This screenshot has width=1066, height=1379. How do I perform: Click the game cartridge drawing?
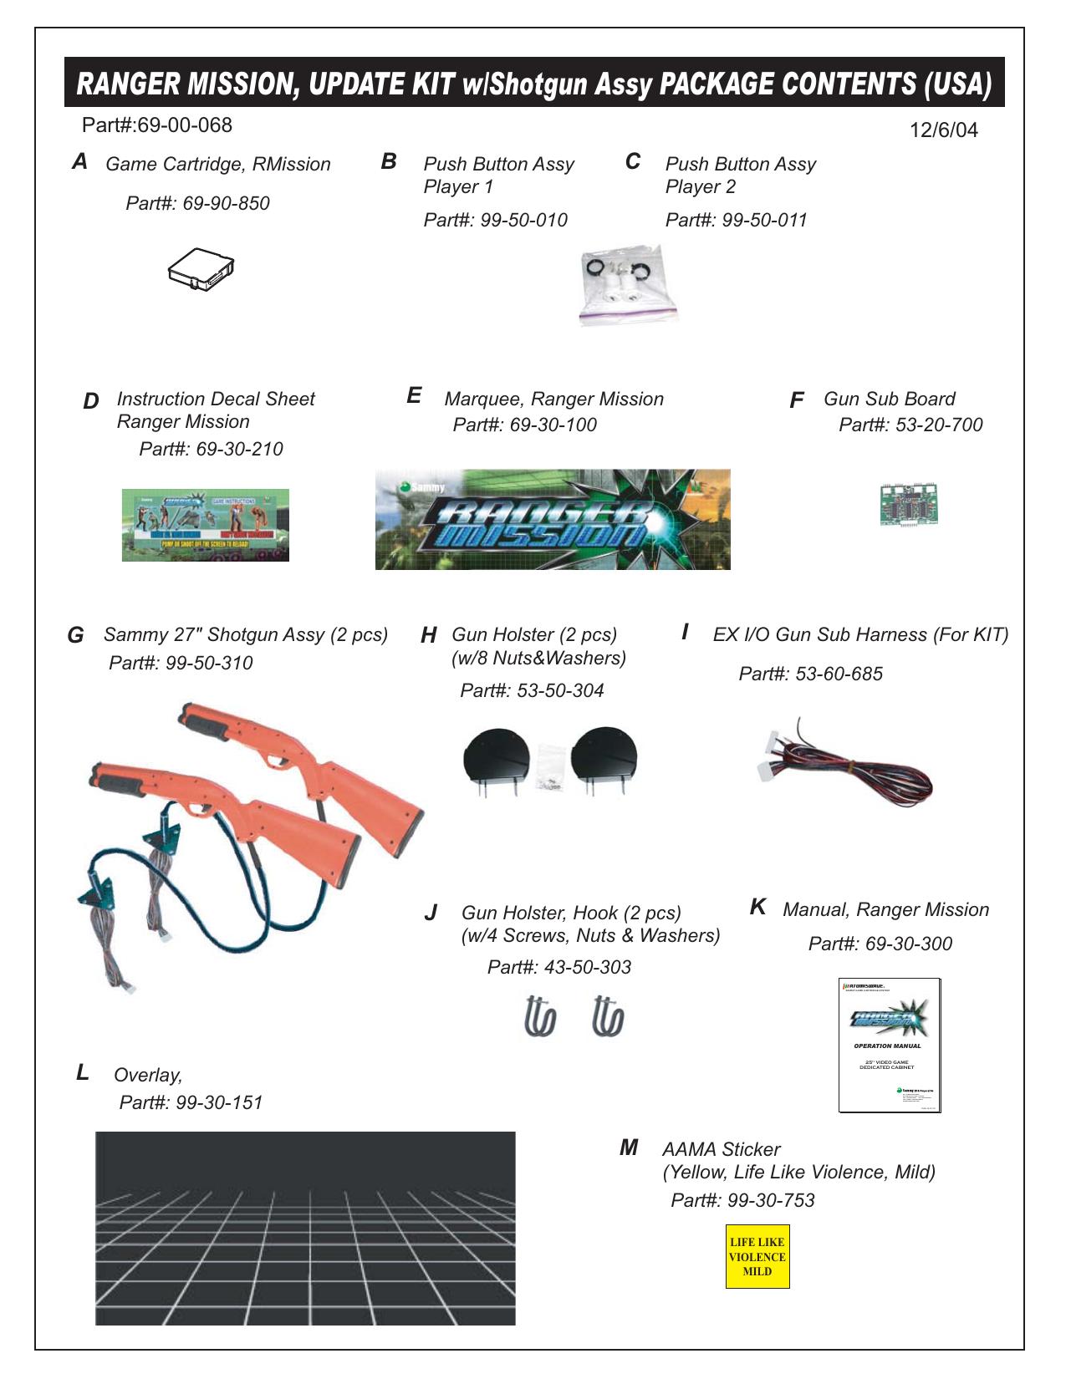(201, 268)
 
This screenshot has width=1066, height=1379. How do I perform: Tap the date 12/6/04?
(943, 130)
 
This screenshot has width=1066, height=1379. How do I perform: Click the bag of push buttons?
(627, 284)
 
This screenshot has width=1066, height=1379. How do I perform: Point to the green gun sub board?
(908, 504)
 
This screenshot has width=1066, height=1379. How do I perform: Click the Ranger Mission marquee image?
(553, 519)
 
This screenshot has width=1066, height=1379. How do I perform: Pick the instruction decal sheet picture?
(206, 525)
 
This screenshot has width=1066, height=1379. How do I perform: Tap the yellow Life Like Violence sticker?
(757, 1257)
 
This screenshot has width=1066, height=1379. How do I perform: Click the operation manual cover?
(890, 1045)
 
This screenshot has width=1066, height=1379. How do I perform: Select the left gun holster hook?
(540, 1016)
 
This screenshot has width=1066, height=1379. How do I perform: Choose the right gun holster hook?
(608, 1016)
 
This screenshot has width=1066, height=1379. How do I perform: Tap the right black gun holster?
(604, 757)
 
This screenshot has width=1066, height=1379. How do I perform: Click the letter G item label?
(75, 636)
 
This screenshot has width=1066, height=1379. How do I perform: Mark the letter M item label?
(629, 1148)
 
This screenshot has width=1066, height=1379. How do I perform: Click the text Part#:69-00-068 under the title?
(157, 125)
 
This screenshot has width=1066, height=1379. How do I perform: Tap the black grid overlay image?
(305, 1229)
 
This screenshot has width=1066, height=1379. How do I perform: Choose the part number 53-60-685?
(810, 674)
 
